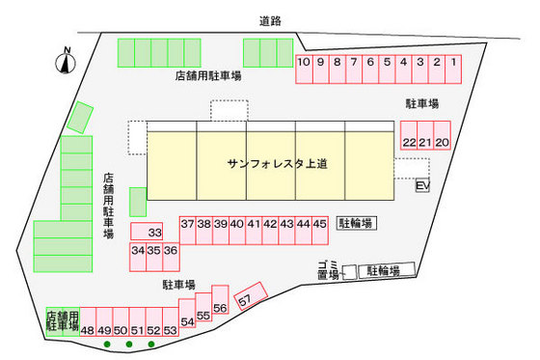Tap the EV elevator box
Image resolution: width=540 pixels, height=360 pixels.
pyautogui.click(x=421, y=185)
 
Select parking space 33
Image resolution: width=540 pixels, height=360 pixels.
pyautogui.click(x=154, y=232)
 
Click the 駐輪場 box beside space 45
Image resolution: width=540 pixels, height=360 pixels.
pyautogui.click(x=357, y=223)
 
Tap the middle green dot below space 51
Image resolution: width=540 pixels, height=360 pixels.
pyautogui.click(x=128, y=345)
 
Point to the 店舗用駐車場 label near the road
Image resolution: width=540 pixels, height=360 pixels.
pyautogui.click(x=208, y=74)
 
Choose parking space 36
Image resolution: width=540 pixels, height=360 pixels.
pyautogui.click(x=170, y=255)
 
